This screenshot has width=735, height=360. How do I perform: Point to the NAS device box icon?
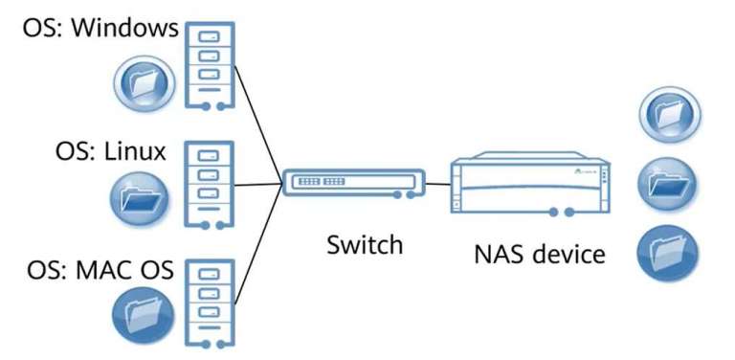coord(530,186)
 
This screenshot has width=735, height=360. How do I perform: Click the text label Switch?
coord(364,245)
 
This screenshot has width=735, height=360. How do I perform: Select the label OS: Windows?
coord(101,27)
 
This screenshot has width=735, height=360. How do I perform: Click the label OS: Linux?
coord(110,152)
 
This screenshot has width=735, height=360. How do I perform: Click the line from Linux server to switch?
coord(256,184)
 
